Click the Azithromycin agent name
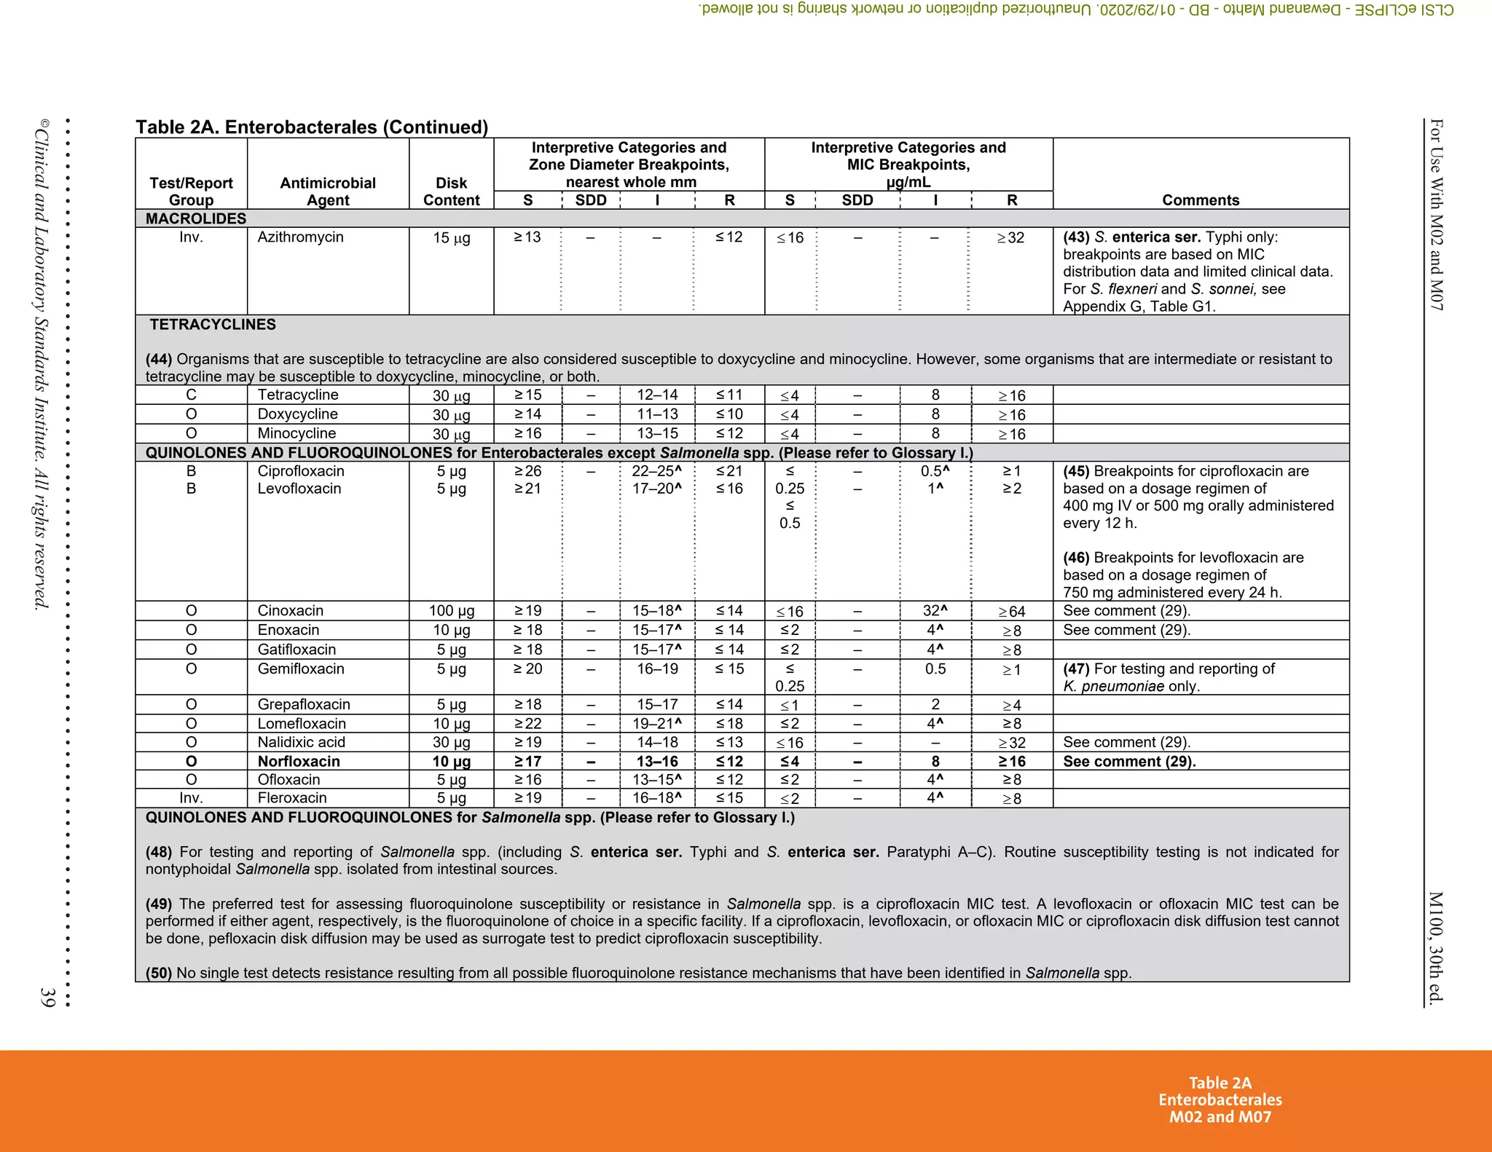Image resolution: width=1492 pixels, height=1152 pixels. point(300,237)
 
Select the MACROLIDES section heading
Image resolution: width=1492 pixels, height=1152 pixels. point(195,218)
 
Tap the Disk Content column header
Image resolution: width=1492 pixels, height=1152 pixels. point(451,192)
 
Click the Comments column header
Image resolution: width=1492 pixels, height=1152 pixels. point(1200,200)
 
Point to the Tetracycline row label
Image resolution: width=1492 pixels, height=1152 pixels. point(297,395)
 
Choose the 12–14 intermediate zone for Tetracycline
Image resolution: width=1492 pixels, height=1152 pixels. point(656,395)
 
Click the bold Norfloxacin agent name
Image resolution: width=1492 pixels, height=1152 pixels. point(299,761)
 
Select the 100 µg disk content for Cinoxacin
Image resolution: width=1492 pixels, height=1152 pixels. point(451,611)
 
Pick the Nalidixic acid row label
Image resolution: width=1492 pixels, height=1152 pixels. point(301,742)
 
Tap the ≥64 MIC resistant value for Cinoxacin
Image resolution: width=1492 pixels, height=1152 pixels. point(1011,612)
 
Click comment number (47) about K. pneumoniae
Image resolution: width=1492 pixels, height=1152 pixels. point(1076,668)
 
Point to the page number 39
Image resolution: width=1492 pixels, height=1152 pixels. point(47,997)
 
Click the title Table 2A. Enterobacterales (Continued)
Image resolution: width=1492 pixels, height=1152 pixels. point(312,127)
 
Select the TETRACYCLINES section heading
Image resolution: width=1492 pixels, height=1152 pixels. point(213,325)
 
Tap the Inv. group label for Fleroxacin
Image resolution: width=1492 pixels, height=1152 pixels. point(191,798)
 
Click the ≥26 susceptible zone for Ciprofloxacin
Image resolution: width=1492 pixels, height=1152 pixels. point(527,471)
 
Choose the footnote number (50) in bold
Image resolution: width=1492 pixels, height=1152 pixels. point(158,973)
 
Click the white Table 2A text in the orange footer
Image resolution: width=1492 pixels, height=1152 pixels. point(1220,1083)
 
